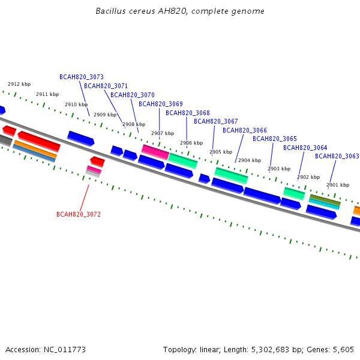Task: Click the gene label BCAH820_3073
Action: pyautogui.click(x=82, y=77)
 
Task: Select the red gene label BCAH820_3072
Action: pyautogui.click(x=79, y=214)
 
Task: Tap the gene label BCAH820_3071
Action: pyautogui.click(x=106, y=86)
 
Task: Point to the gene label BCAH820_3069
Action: pyautogui.click(x=161, y=104)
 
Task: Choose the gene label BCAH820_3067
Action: pyautogui.click(x=216, y=121)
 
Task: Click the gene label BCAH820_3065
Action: pyautogui.click(x=275, y=139)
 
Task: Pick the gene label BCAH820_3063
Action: pyautogui.click(x=337, y=156)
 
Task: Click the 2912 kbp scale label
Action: pyautogui.click(x=19, y=84)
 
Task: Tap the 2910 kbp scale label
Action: pyautogui.click(x=76, y=104)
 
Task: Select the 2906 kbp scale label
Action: pyautogui.click(x=191, y=143)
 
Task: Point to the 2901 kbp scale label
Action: pyautogui.click(x=338, y=185)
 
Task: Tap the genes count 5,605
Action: pyautogui.click(x=343, y=350)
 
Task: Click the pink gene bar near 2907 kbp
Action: pyautogui.click(x=155, y=152)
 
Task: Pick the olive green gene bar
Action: pyautogui.click(x=325, y=200)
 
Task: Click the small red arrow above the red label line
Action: pyautogui.click(x=98, y=161)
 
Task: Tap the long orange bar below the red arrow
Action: pyautogui.click(x=35, y=149)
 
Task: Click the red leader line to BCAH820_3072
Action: pyautogui.click(x=85, y=197)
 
